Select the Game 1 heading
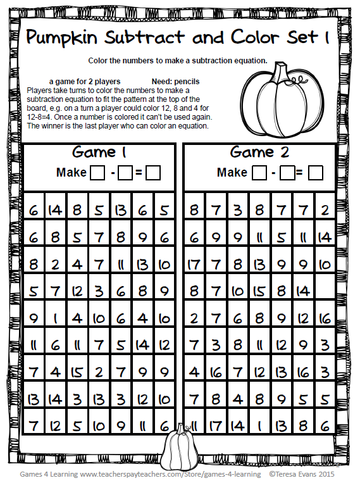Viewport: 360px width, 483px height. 99,153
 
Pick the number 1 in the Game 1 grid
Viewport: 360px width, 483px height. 56,318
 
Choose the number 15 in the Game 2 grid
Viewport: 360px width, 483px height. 259,291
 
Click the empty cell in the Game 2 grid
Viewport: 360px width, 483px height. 324,291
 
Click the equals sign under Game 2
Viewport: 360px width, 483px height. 299,172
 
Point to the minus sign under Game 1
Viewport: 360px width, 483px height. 111,172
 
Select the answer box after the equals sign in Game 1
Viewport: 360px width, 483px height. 153,172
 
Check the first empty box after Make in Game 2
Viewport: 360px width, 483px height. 259,172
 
